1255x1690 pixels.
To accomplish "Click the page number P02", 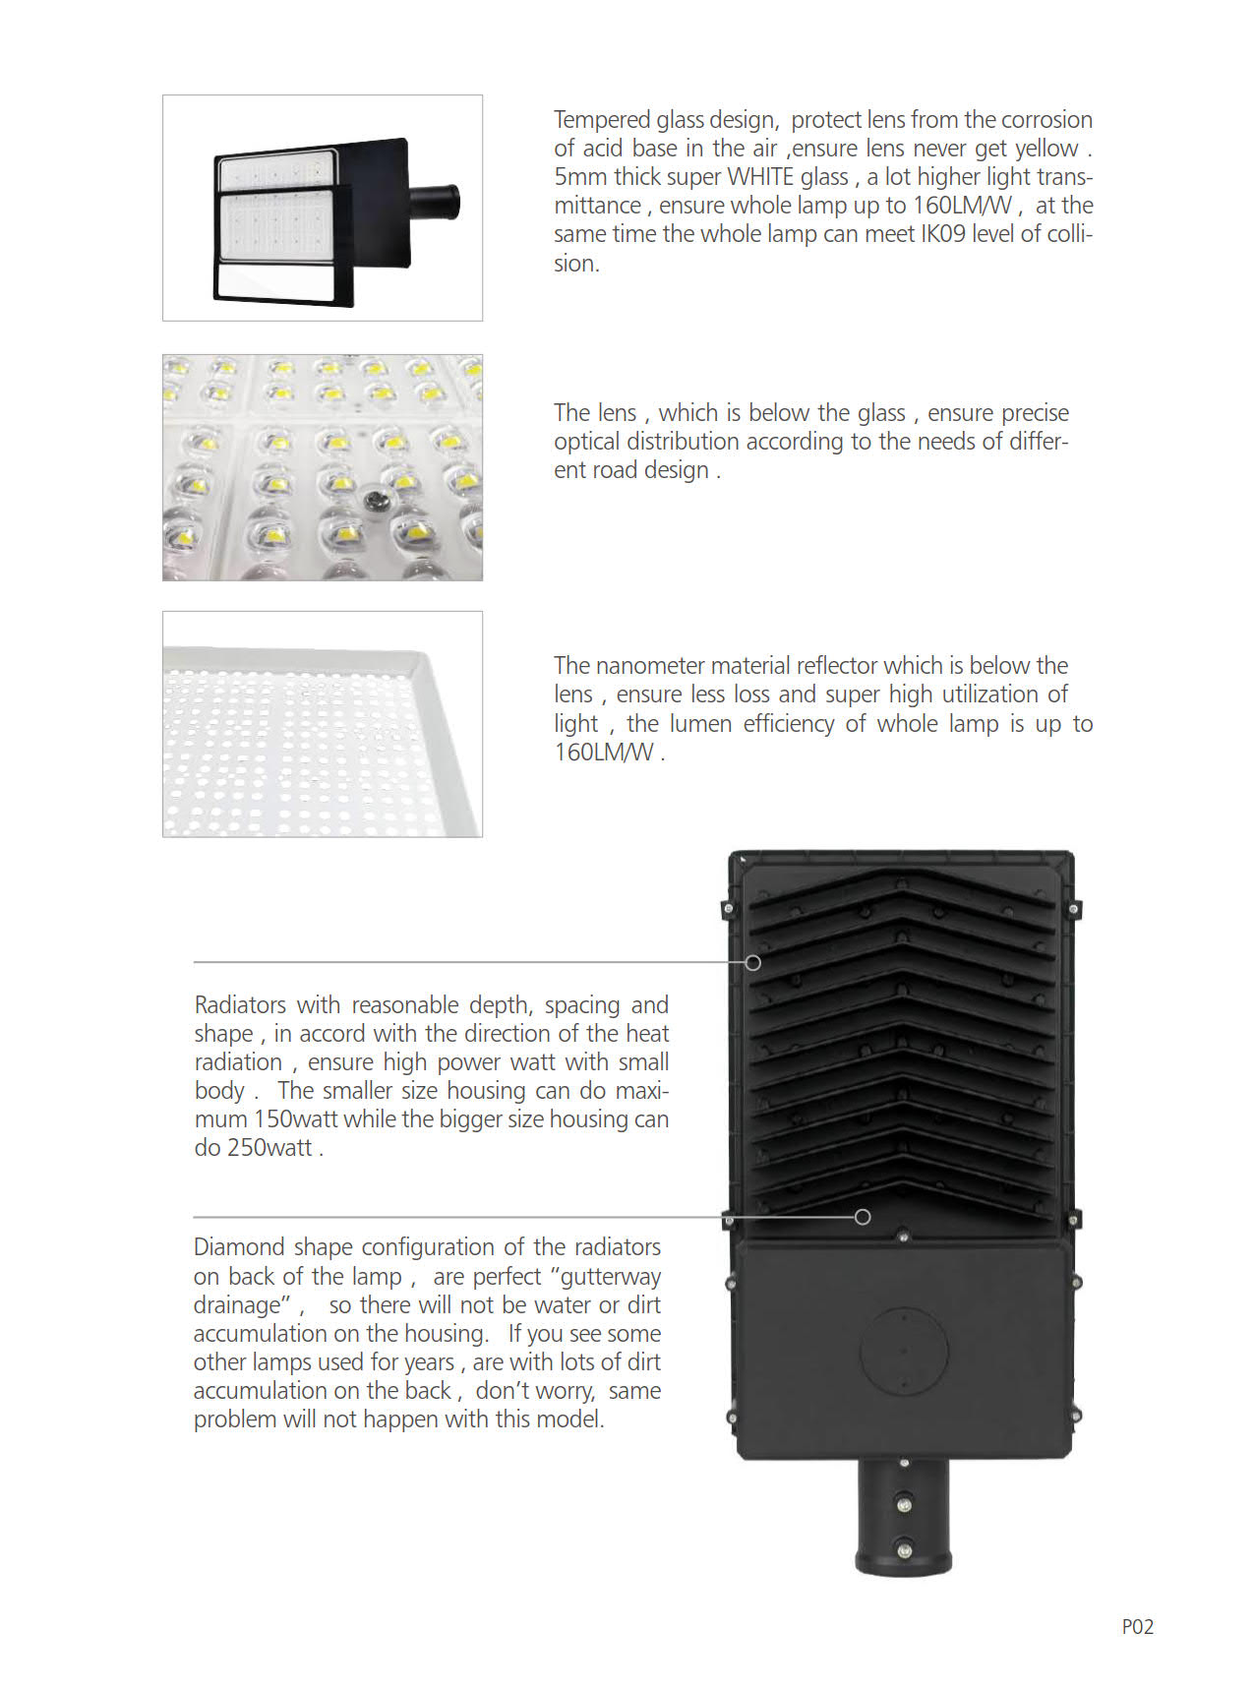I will point(1137,1627).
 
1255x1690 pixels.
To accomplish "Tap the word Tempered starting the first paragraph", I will point(596,120).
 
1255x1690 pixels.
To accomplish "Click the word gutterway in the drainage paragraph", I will point(611,1277).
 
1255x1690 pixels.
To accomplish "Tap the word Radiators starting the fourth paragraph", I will point(240,1005).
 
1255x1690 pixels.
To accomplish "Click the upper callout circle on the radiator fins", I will point(753,962).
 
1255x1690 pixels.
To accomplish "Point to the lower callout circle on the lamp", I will point(863,1217).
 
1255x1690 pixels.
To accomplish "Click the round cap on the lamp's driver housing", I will point(904,1351).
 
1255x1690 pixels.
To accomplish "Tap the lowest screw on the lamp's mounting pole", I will point(904,1550).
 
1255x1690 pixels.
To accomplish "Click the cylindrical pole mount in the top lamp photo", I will point(435,204).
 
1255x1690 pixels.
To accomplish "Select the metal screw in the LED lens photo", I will point(375,502).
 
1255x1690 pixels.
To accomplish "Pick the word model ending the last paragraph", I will point(574,1419).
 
